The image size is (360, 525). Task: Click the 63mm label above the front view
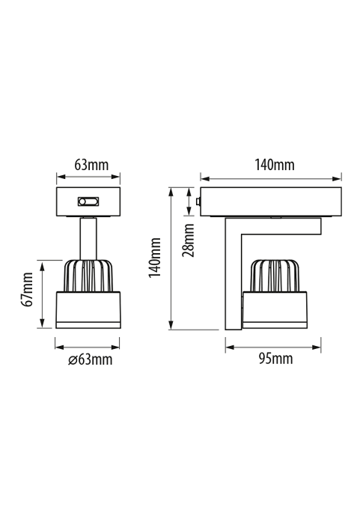pos(91,165)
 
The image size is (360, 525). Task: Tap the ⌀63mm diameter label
pos(91,360)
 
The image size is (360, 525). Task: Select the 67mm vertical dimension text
pos(27,289)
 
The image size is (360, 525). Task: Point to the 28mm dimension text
pos(188,240)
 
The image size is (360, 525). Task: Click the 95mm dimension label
pos(275,359)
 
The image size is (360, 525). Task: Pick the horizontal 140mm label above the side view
pos(275,165)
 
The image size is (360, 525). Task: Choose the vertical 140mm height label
pos(155,258)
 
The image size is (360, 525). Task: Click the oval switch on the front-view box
pos(88,201)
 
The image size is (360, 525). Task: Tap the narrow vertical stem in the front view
pos(88,239)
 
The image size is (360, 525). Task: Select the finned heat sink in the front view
pos(88,276)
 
